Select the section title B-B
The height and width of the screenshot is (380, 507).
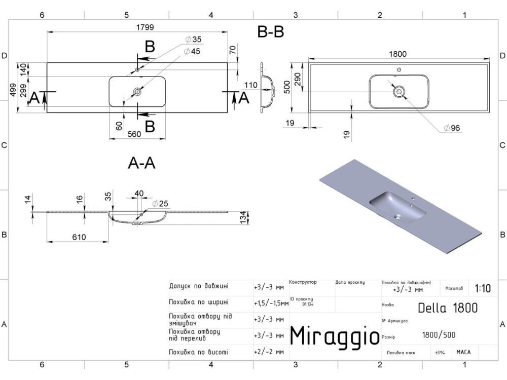click(x=271, y=32)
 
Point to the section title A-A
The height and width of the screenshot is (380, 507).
click(x=141, y=163)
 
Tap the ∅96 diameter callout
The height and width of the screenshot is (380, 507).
click(x=451, y=128)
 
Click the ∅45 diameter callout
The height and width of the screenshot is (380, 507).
click(x=192, y=51)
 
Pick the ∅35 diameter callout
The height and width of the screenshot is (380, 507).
click(x=193, y=40)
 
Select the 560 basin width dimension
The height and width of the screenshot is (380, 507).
click(x=134, y=134)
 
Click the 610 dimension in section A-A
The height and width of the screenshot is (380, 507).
click(x=79, y=237)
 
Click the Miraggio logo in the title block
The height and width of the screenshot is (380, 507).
click(x=334, y=336)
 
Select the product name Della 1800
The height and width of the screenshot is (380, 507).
click(x=448, y=308)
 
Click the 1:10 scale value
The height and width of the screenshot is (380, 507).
click(x=483, y=288)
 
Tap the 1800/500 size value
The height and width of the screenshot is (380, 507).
click(x=439, y=335)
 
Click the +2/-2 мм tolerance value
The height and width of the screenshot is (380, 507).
click(x=268, y=352)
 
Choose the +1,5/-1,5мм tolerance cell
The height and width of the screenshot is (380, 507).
click(x=271, y=303)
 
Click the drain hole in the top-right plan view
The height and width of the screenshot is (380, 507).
click(x=399, y=92)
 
